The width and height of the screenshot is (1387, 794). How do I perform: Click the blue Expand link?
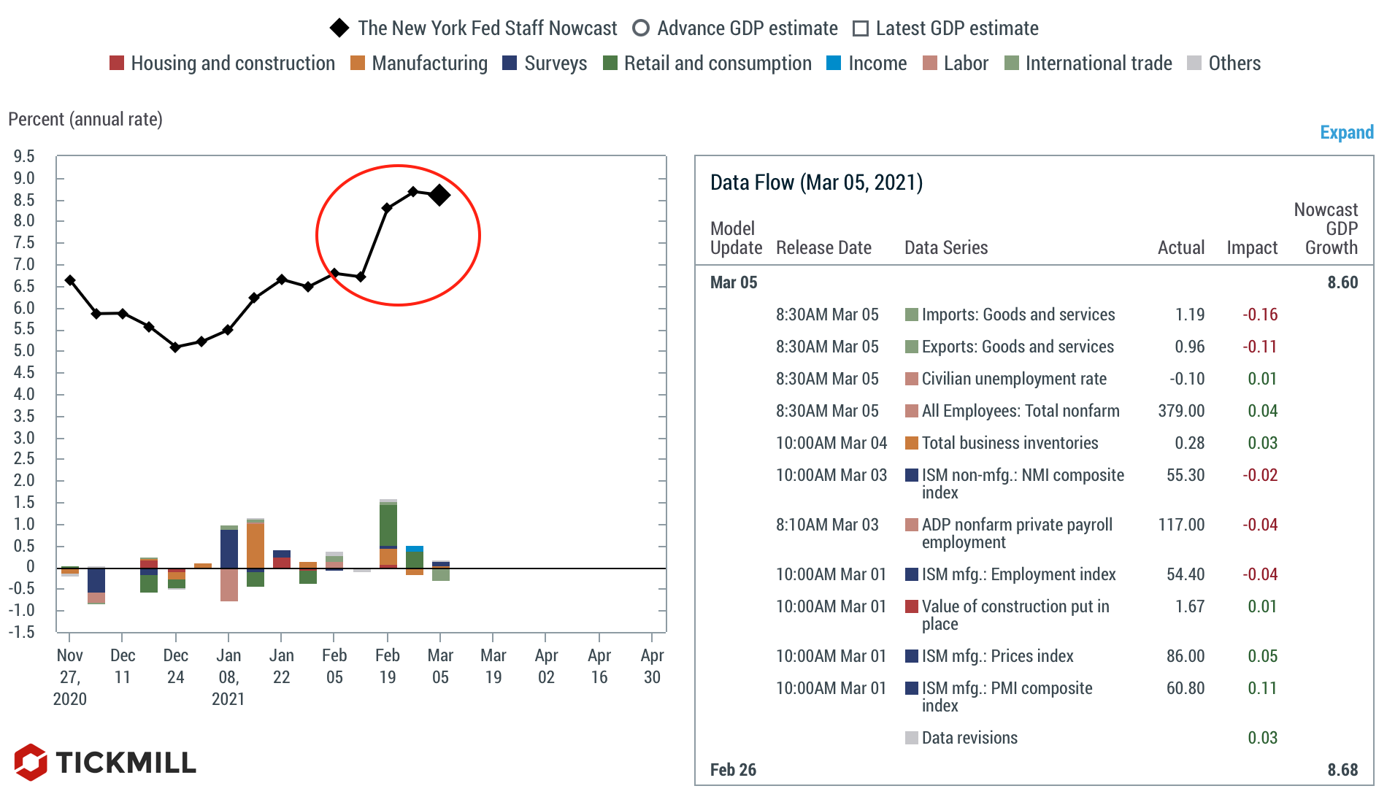tap(1346, 132)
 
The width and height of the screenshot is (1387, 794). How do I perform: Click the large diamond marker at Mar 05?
tap(439, 195)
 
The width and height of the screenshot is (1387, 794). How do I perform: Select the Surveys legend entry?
tap(545, 63)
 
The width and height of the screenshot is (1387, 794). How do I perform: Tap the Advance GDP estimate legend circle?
tap(641, 28)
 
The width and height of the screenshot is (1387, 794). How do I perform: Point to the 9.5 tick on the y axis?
tap(24, 156)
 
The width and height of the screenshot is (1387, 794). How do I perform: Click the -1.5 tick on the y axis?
tap(22, 632)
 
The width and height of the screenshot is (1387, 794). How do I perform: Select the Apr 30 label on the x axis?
tap(652, 666)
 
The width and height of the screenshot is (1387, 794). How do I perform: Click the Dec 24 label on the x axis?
tap(175, 666)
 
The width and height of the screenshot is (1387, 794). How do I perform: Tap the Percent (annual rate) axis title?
tap(85, 119)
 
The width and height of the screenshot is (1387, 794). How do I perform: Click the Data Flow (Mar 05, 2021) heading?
tap(816, 182)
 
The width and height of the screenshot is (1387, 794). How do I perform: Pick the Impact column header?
tap(1252, 248)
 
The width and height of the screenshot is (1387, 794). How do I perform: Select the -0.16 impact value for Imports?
tap(1260, 315)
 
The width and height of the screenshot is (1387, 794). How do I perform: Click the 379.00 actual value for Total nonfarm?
tap(1181, 411)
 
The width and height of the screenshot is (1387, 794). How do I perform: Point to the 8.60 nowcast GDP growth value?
tap(1342, 282)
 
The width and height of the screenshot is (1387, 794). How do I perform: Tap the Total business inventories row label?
tap(1010, 443)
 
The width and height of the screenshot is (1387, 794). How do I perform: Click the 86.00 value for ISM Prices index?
tap(1185, 656)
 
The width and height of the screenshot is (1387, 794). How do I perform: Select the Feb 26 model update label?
tap(733, 770)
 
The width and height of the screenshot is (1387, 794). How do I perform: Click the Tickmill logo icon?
tap(31, 762)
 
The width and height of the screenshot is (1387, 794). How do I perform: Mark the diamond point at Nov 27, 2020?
tap(70, 280)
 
